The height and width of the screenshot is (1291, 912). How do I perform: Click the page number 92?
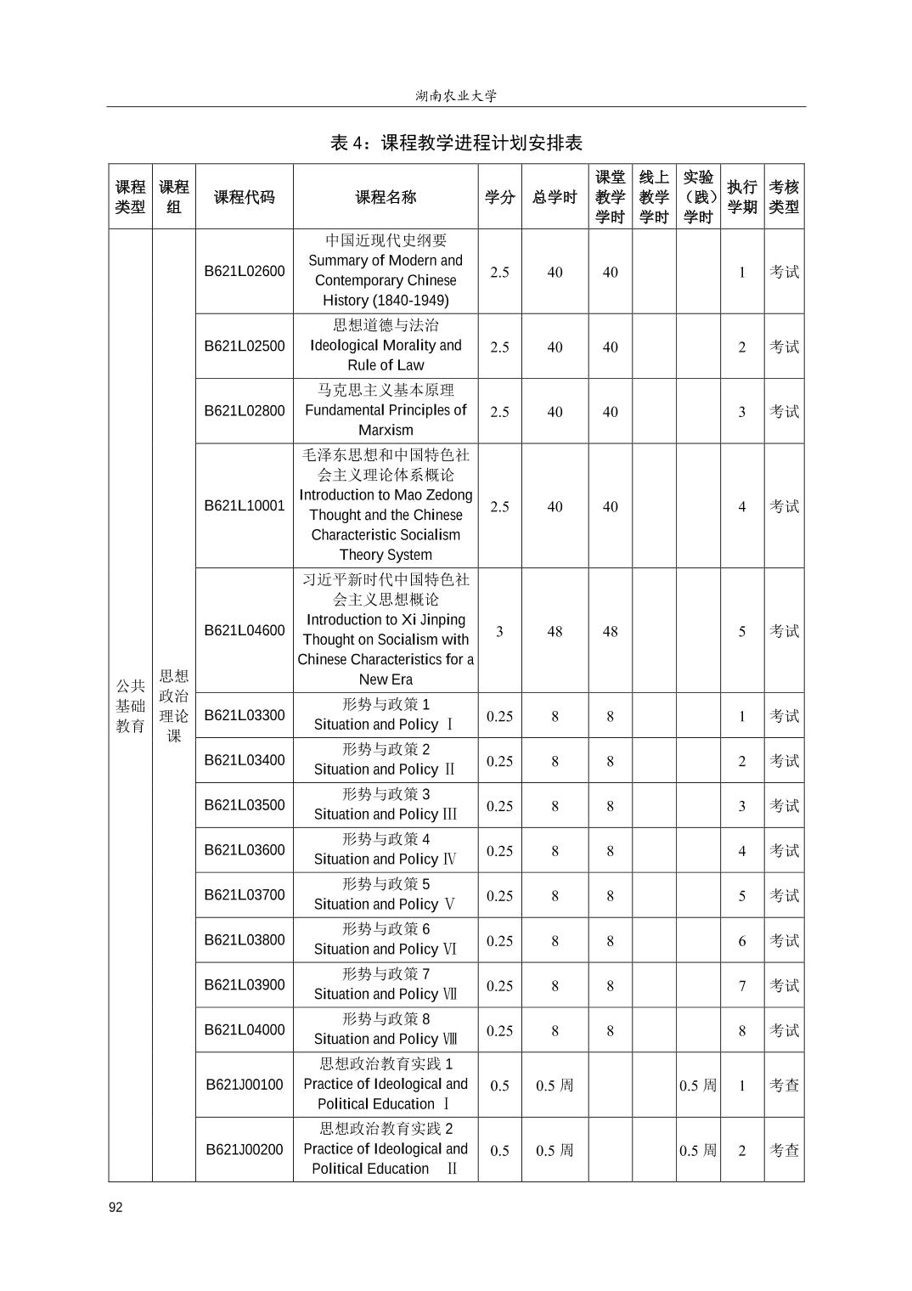[x=115, y=1208]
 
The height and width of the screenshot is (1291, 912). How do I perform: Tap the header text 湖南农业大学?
[x=456, y=96]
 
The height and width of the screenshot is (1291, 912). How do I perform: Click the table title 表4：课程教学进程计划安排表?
[x=456, y=143]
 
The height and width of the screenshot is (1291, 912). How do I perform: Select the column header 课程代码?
[x=245, y=197]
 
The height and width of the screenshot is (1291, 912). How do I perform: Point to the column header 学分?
[x=499, y=197]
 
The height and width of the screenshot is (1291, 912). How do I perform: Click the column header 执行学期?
[x=741, y=197]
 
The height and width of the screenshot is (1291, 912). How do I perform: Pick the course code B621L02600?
[x=245, y=272]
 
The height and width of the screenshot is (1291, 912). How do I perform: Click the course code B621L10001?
[x=245, y=505]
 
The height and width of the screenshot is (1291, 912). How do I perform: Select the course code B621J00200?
[x=245, y=1149]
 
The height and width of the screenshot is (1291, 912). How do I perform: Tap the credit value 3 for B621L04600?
[x=499, y=631]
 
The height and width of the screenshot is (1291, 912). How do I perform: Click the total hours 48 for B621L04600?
[x=555, y=631]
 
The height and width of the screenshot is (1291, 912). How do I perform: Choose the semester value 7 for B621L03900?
[x=741, y=985]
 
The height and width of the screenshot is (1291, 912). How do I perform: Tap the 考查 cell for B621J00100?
[x=784, y=1085]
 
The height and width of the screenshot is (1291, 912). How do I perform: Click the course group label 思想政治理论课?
[x=174, y=705]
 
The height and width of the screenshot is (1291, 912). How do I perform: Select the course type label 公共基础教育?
[x=131, y=705]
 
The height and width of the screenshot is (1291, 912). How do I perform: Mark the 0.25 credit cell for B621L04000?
[x=499, y=1030]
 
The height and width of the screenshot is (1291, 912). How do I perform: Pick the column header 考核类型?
[x=784, y=197]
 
